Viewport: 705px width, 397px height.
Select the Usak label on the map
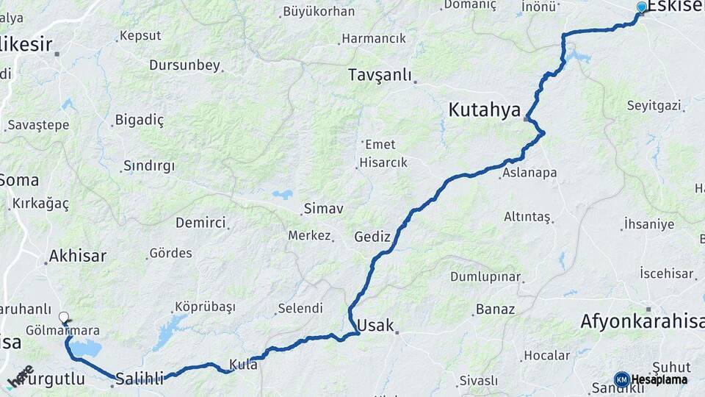coord(375,326)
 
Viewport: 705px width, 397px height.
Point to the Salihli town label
coord(140,378)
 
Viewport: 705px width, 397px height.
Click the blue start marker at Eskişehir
coord(642,7)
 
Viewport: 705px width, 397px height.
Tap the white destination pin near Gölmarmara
coord(64,318)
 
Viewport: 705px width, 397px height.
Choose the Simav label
coord(323,209)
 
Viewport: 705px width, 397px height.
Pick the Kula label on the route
coord(243,363)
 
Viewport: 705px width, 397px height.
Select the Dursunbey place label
coord(184,65)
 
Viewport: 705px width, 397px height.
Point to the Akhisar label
coord(77,257)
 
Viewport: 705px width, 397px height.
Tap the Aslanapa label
coord(530,174)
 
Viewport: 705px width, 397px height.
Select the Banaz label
coord(495,309)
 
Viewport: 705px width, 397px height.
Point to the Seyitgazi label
coord(654,106)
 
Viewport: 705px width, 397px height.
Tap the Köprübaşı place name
coord(205,307)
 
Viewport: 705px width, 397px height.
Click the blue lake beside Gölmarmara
coord(87,348)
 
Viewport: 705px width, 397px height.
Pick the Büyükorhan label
coord(318,12)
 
